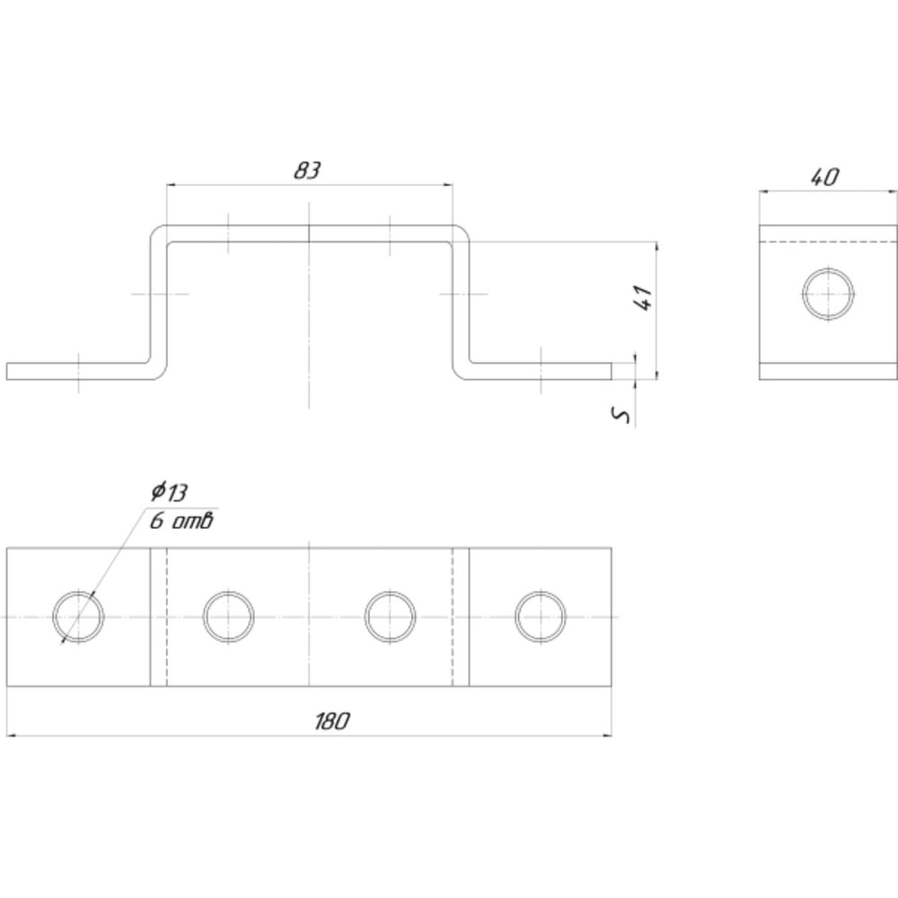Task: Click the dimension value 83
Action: [307, 170]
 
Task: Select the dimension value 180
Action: [331, 721]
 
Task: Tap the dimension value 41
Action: [644, 297]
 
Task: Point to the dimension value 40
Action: [824, 177]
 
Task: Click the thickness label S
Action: [621, 415]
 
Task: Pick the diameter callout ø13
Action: [170, 491]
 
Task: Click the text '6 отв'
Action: [181, 521]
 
